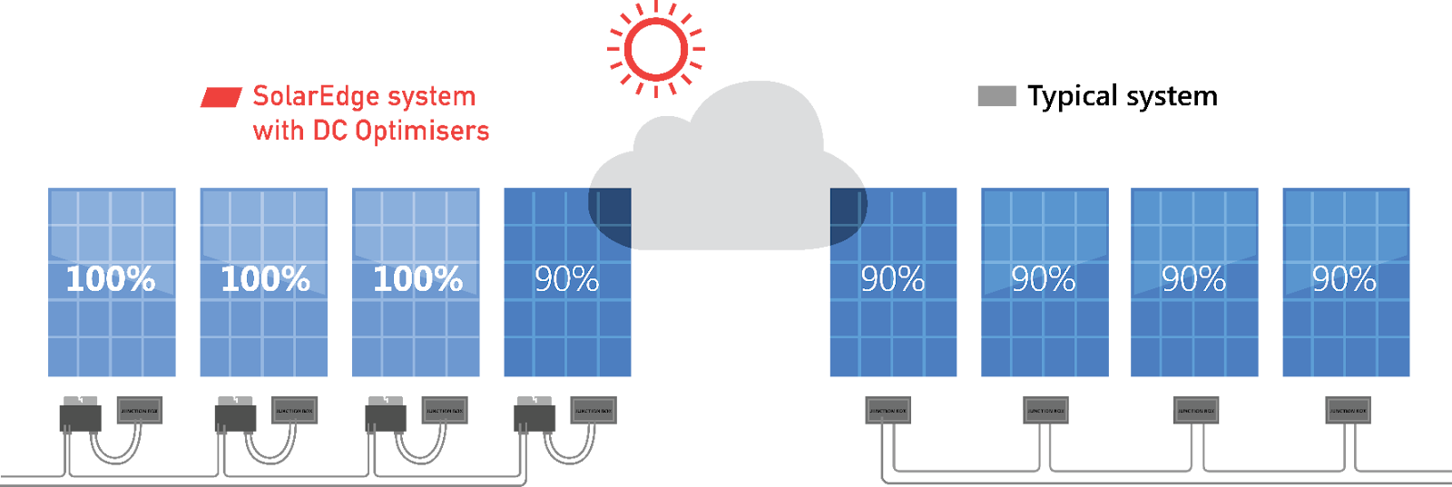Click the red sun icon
tap(655, 48)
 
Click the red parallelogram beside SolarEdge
tap(221, 97)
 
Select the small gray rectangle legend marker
tap(996, 96)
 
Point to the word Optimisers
tap(422, 131)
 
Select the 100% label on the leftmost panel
tap(111, 279)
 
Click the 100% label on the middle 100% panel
tap(265, 279)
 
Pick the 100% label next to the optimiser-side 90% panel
tap(417, 279)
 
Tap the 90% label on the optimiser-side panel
tap(566, 279)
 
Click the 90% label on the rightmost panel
tap(1344, 279)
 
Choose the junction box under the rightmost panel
tap(1348, 410)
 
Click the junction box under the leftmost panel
tap(140, 410)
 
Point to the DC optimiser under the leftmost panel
tap(80, 415)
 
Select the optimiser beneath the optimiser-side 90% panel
tap(535, 415)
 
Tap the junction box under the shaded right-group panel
tap(888, 410)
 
